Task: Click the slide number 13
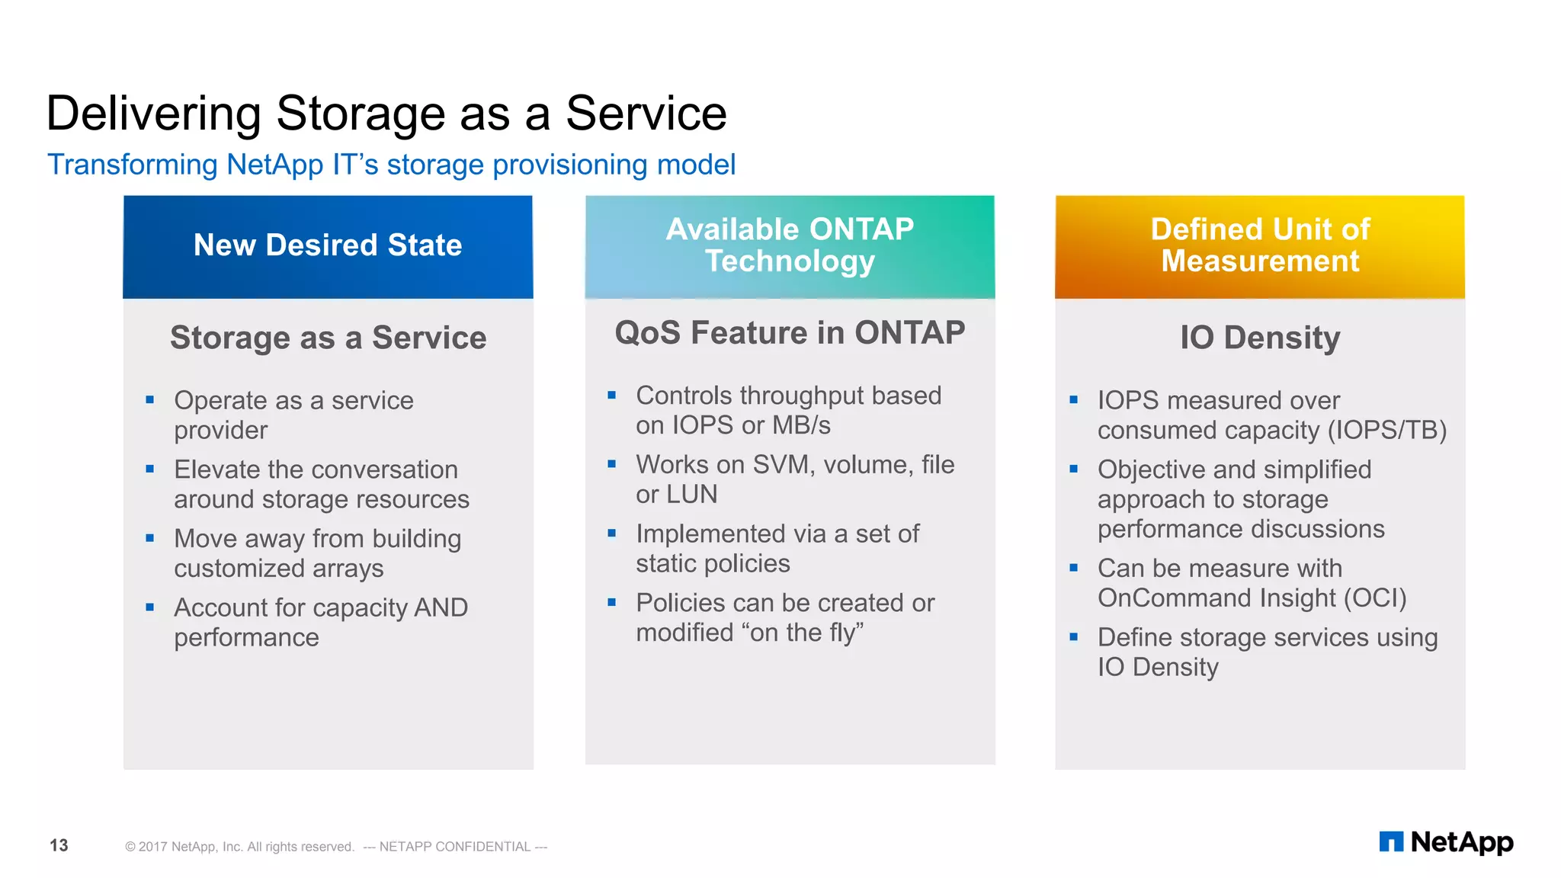(59, 845)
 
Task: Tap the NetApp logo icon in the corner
(1391, 842)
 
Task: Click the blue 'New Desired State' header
(328, 246)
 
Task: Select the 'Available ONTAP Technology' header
(790, 245)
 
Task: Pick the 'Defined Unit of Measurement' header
(1260, 245)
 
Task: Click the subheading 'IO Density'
(1260, 338)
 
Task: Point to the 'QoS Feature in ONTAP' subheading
(790, 333)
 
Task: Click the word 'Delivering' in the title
(153, 114)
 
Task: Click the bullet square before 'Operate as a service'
(150, 399)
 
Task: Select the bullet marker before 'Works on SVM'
(611, 463)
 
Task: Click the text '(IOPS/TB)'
(1386, 431)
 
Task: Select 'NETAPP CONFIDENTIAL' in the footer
(454, 847)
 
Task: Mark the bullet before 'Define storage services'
(1073, 636)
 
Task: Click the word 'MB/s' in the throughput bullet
(801, 425)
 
